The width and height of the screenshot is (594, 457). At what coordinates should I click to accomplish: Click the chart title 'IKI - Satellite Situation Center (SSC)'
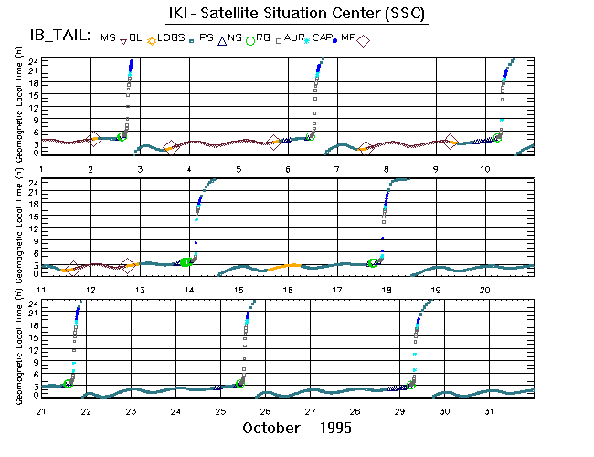[x=297, y=15]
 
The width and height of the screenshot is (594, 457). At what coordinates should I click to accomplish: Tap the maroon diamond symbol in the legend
[x=363, y=41]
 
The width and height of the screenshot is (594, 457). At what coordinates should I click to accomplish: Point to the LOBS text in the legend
[x=171, y=37]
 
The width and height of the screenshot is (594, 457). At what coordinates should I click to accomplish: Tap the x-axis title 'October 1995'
[x=297, y=428]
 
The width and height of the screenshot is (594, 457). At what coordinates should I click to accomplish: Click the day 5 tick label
[x=239, y=170]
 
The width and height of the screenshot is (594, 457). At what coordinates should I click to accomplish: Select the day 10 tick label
[x=485, y=170]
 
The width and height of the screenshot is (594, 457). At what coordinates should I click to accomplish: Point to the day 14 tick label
[x=190, y=290]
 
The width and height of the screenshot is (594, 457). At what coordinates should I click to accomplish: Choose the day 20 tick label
[x=485, y=290]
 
